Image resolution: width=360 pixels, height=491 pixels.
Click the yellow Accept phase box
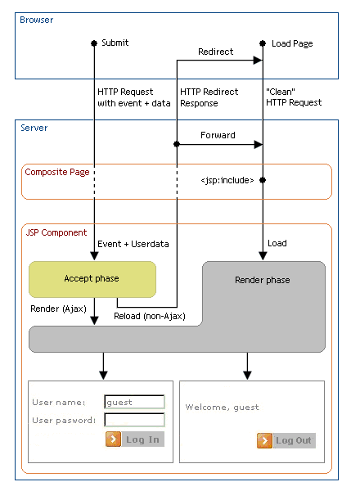tap(92, 279)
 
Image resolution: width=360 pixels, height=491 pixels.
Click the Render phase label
tap(262, 280)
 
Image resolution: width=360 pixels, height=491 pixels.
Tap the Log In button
tap(135, 439)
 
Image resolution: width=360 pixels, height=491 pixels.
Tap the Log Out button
tap(286, 440)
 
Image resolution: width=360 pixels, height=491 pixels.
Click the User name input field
tap(134, 402)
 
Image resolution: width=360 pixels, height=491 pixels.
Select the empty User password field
tap(134, 420)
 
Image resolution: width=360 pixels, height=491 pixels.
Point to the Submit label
tap(115, 43)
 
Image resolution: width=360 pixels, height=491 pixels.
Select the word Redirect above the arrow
tap(215, 52)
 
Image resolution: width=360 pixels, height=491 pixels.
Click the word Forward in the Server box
tap(218, 136)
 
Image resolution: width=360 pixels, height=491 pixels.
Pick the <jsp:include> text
tap(227, 180)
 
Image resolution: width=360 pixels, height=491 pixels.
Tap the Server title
tap(34, 128)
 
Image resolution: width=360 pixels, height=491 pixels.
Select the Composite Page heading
tap(57, 173)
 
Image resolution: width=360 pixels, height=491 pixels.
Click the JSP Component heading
tap(56, 232)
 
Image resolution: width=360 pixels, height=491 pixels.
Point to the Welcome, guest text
tap(222, 407)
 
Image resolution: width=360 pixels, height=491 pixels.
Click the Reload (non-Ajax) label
tap(148, 317)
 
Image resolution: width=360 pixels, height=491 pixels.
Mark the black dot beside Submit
tap(94, 43)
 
